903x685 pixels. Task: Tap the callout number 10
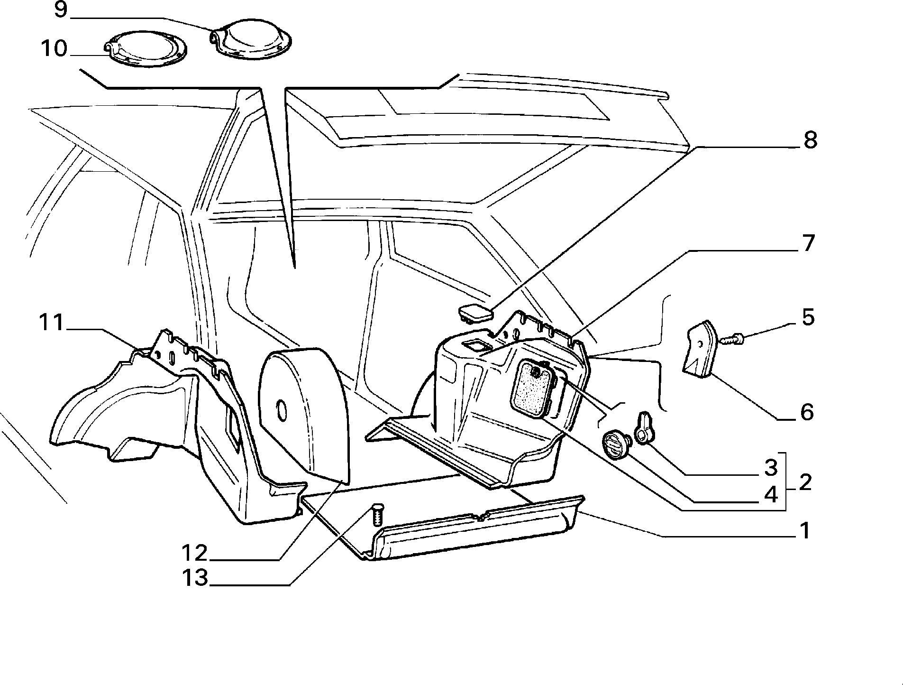point(54,48)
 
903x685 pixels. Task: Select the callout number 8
point(810,140)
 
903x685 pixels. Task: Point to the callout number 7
point(807,243)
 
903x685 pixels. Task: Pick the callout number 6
point(807,412)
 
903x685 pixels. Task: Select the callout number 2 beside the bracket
point(805,482)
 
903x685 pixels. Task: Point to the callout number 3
point(771,468)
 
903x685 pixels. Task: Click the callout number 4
point(771,495)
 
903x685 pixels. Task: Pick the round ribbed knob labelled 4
point(616,444)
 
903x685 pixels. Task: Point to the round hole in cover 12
point(282,409)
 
